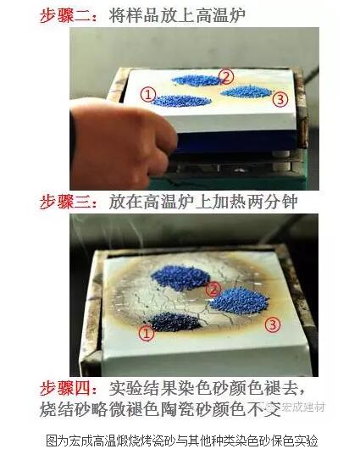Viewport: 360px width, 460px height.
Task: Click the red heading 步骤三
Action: coord(69,202)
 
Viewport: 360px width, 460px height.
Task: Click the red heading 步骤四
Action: coord(69,388)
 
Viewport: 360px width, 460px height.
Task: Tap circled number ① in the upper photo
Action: coord(148,95)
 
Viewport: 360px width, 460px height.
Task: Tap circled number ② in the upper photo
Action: coord(226,76)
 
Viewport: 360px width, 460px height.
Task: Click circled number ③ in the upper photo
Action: coord(281,99)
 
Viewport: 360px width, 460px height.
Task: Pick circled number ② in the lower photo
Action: coord(214,289)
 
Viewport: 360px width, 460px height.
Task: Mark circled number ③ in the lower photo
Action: coord(272,324)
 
